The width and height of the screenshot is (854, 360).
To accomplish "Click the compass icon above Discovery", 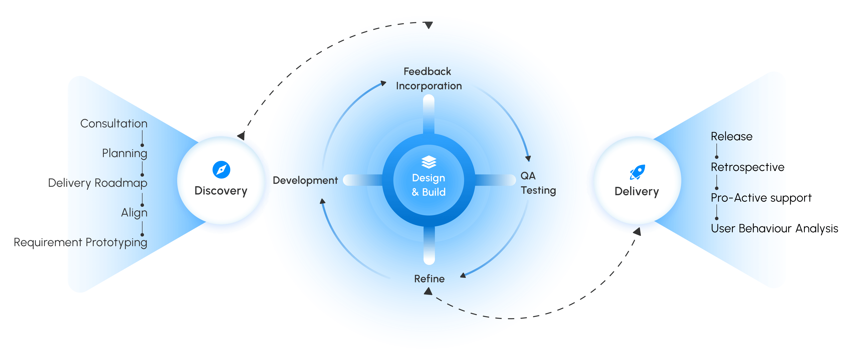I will point(221,170).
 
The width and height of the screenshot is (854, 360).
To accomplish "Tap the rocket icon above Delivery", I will point(637,172).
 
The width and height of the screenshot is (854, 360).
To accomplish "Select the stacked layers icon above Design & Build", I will point(429,162).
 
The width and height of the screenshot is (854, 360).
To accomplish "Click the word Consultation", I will point(114,124).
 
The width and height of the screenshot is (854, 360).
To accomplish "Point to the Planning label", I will point(124,153).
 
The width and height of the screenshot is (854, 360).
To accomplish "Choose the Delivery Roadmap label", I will point(97,183).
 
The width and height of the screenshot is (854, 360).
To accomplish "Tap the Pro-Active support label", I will point(761,198).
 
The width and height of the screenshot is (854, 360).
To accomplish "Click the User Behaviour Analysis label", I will point(774,228).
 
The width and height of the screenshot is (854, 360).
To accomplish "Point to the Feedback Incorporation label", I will point(428,79).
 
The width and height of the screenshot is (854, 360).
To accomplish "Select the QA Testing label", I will point(537,183).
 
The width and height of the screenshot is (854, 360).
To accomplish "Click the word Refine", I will point(429,279).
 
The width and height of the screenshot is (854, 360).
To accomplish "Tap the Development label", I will point(305,180).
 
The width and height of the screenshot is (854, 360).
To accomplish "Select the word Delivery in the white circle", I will point(637,192).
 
